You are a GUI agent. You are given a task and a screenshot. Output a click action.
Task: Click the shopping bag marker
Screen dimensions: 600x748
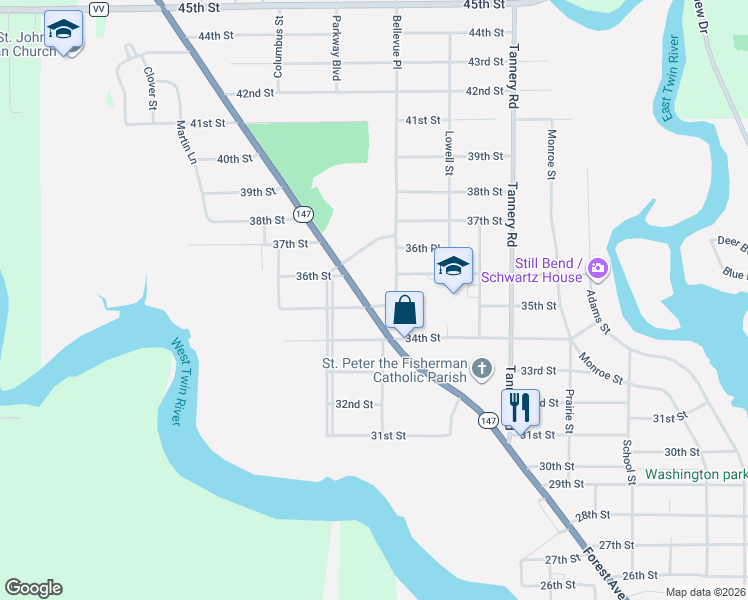404,310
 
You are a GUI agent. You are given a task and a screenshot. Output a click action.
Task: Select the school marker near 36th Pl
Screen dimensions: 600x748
453,267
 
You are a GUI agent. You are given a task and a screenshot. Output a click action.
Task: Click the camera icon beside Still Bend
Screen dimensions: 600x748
598,268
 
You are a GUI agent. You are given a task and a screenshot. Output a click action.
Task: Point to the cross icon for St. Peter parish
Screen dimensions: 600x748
482,369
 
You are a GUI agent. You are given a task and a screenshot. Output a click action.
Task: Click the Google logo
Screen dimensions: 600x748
33,588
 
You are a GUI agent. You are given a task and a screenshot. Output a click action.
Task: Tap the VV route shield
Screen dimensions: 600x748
97,9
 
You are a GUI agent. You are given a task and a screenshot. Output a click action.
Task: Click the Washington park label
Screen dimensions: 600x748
695,474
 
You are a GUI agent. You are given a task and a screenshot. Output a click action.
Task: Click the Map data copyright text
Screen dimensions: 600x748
705,592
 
